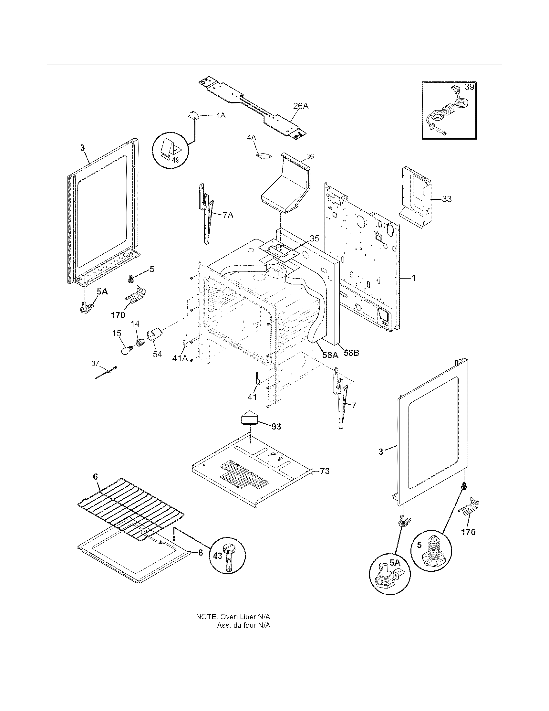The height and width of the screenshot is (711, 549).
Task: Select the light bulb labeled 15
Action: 126,351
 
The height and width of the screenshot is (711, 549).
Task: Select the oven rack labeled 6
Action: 130,508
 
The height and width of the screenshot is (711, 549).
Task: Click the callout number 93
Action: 276,426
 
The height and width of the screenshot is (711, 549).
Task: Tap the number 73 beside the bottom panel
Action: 324,471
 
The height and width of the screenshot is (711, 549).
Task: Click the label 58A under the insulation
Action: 330,355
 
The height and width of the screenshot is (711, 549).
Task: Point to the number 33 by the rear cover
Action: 447,198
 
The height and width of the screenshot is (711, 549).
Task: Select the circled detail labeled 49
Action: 171,150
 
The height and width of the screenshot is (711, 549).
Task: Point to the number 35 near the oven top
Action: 314,239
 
